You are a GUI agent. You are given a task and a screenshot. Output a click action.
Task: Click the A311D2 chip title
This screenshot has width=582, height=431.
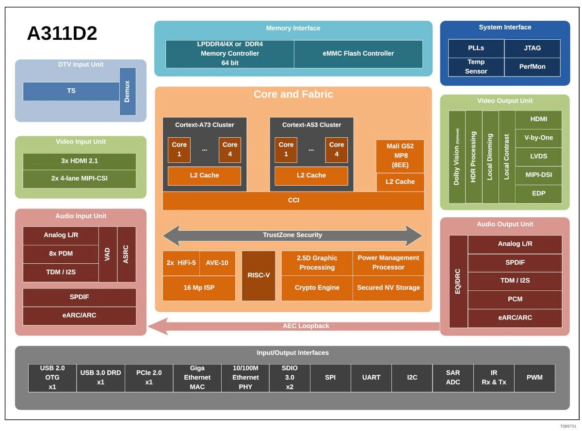62,33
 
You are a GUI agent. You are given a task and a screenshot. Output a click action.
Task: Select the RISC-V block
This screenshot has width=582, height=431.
259,275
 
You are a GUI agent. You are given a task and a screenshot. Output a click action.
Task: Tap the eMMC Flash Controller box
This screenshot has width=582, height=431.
358,54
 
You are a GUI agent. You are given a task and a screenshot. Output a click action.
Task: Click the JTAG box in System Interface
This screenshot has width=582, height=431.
532,48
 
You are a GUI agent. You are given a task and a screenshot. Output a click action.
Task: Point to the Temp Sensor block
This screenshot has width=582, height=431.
476,67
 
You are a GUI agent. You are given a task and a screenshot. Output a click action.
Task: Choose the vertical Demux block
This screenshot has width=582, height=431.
128,91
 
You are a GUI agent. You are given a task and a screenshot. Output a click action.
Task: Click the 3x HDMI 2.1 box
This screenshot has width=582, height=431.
80,161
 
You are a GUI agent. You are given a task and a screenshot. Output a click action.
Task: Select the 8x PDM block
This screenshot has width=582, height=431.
61,254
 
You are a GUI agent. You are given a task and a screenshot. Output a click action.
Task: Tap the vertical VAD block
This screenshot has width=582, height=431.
108,254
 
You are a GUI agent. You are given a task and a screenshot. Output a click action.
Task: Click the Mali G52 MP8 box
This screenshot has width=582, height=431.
400,156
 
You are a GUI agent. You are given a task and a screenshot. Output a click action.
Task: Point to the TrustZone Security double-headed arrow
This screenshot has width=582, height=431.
292,235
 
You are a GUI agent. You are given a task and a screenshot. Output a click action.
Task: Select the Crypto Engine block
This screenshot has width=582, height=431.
317,288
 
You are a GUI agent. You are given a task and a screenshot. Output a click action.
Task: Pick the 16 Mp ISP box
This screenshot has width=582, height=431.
199,288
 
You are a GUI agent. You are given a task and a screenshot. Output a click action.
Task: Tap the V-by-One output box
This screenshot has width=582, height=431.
538,138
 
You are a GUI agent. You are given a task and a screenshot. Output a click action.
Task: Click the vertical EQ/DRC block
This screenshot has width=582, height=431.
458,281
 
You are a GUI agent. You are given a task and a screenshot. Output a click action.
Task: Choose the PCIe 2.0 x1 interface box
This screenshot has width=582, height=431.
148,377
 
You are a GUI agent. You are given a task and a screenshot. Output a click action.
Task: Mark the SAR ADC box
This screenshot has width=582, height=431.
453,377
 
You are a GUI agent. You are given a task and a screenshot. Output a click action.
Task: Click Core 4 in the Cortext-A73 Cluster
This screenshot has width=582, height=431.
229,149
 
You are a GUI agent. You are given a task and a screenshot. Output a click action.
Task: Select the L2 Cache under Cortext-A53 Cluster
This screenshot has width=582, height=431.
311,176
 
